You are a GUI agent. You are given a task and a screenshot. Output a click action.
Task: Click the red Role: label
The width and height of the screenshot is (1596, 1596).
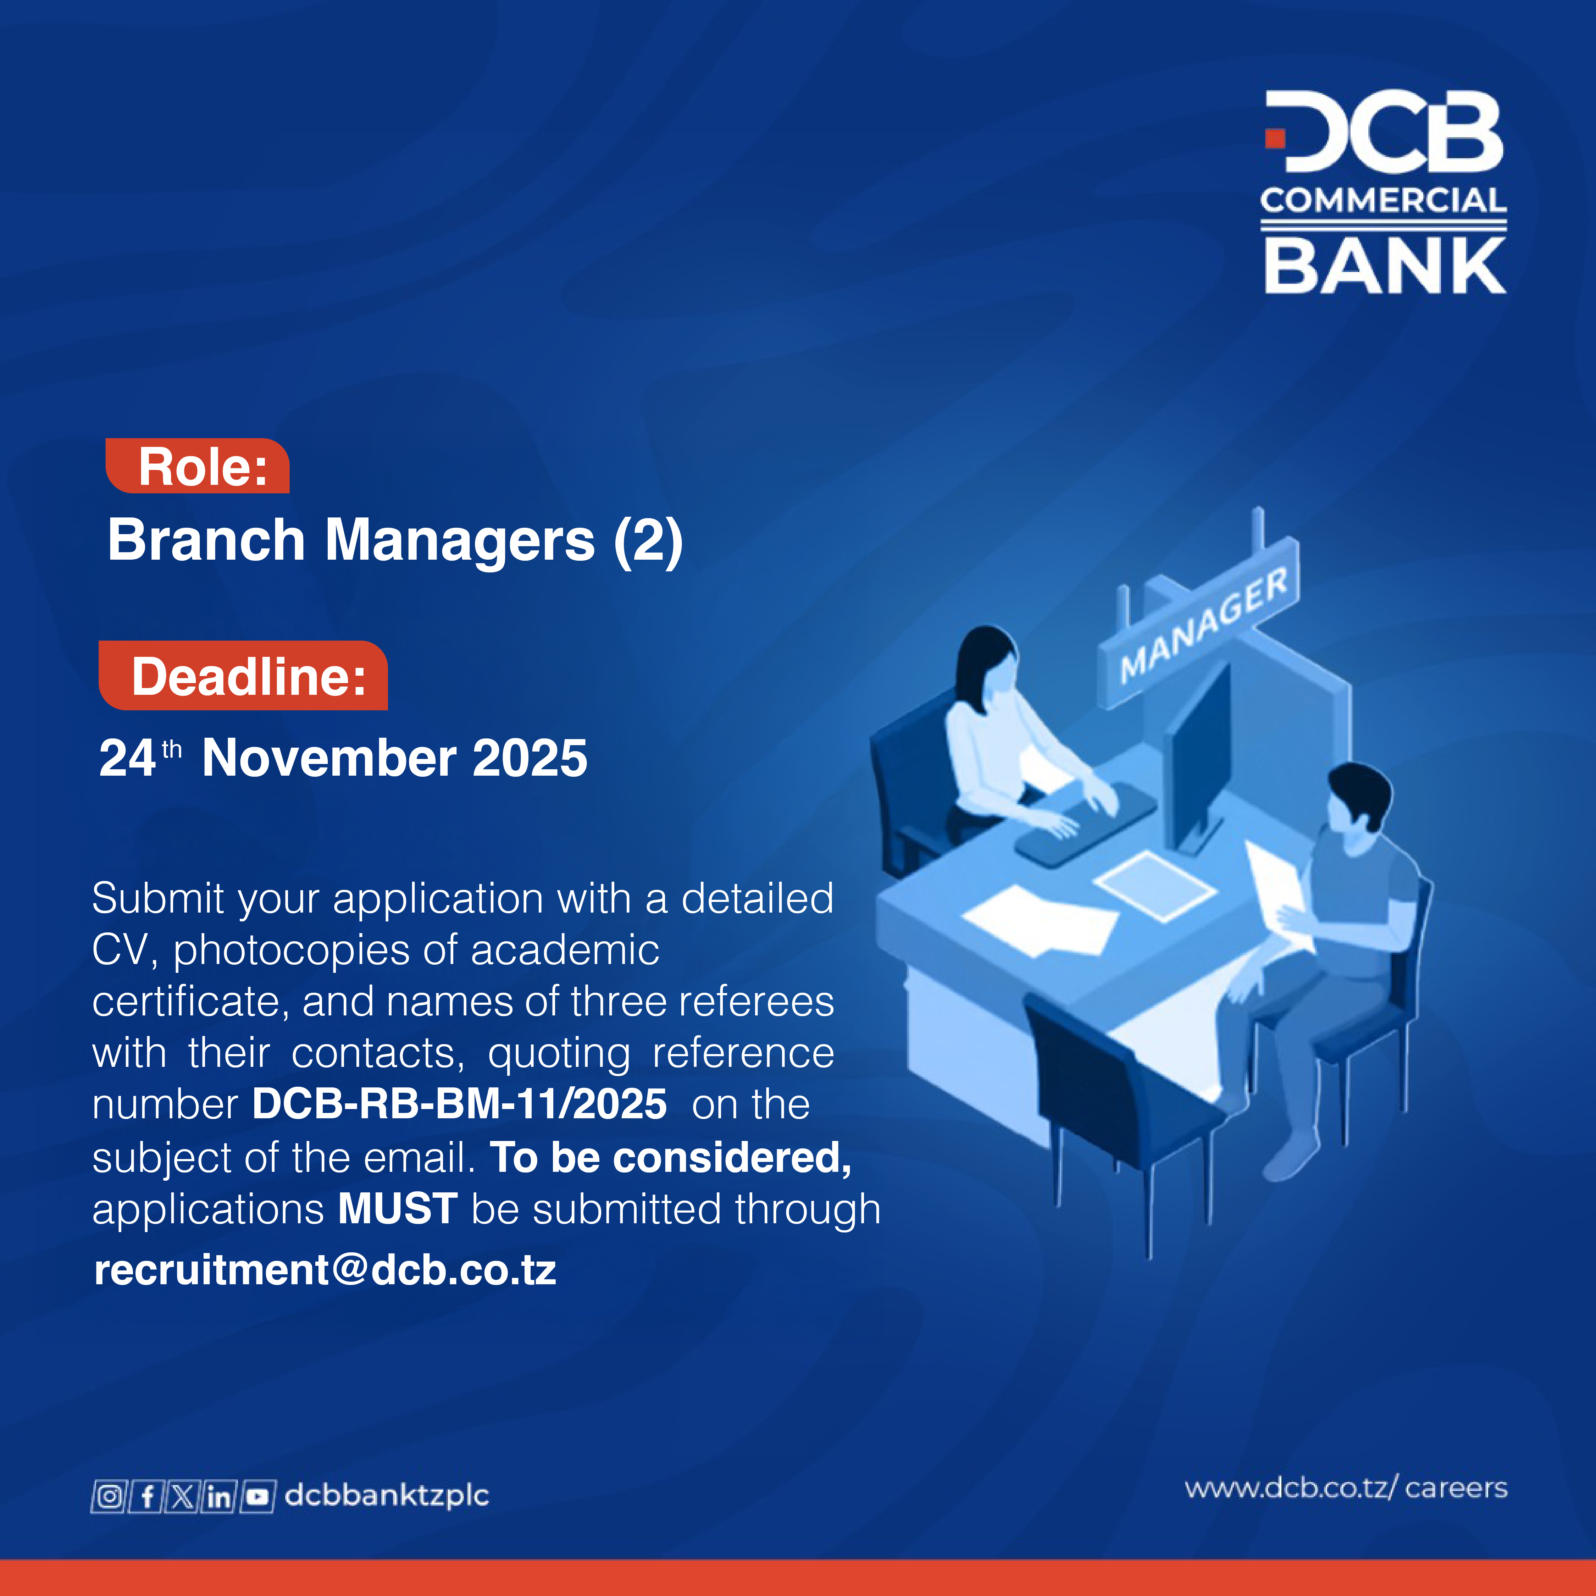[198, 467]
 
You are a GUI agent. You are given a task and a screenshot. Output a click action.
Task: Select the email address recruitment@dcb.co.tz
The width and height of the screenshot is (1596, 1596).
[325, 1270]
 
